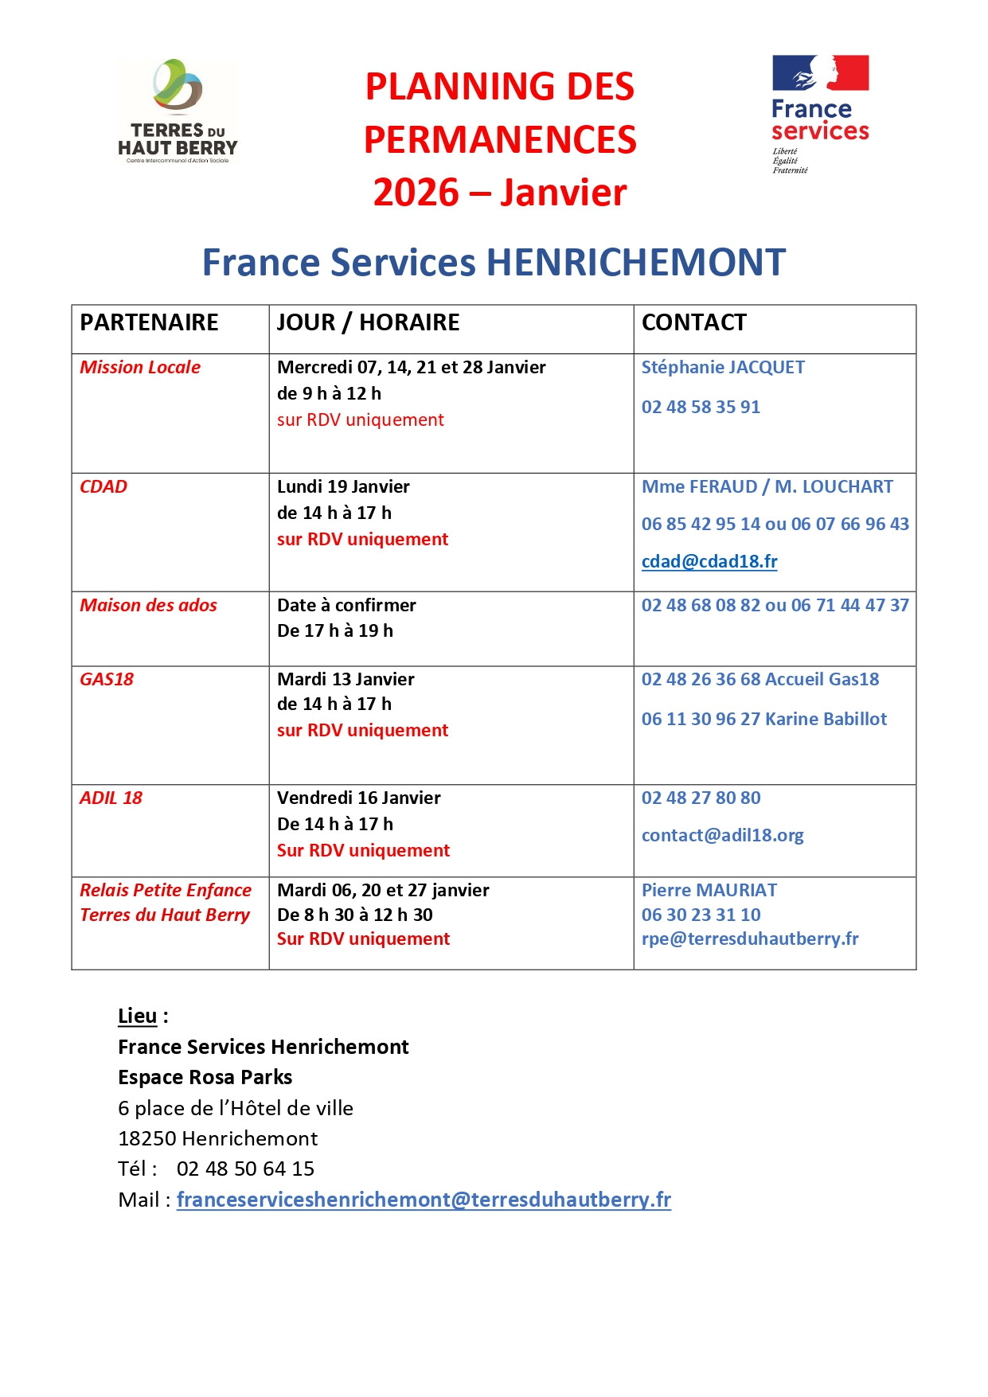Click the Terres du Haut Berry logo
point(178,111)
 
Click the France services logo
point(820,113)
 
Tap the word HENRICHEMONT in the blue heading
point(635,263)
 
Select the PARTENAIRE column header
point(149,322)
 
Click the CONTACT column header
point(694,322)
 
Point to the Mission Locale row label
point(140,367)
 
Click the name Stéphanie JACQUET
point(723,367)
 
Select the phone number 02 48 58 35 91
point(701,407)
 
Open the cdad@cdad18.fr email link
point(709,561)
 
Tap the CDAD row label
point(103,486)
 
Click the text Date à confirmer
point(346,605)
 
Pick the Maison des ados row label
point(148,605)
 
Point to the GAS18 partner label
point(107,679)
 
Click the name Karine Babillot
point(826,719)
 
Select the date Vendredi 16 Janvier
point(358,798)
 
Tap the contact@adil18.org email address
point(722,835)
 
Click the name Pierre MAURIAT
point(709,890)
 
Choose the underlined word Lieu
point(137,1016)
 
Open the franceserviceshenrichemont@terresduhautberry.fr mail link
point(424,1200)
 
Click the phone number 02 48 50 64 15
point(245,1169)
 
